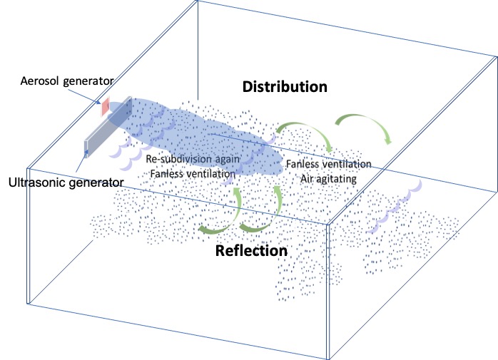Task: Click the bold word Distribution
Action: [x=285, y=87]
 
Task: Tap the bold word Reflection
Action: [x=252, y=251]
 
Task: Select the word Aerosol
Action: [x=41, y=81]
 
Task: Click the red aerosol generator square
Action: [x=104, y=107]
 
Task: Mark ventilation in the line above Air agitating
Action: [x=347, y=165]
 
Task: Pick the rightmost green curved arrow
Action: [x=363, y=126]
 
